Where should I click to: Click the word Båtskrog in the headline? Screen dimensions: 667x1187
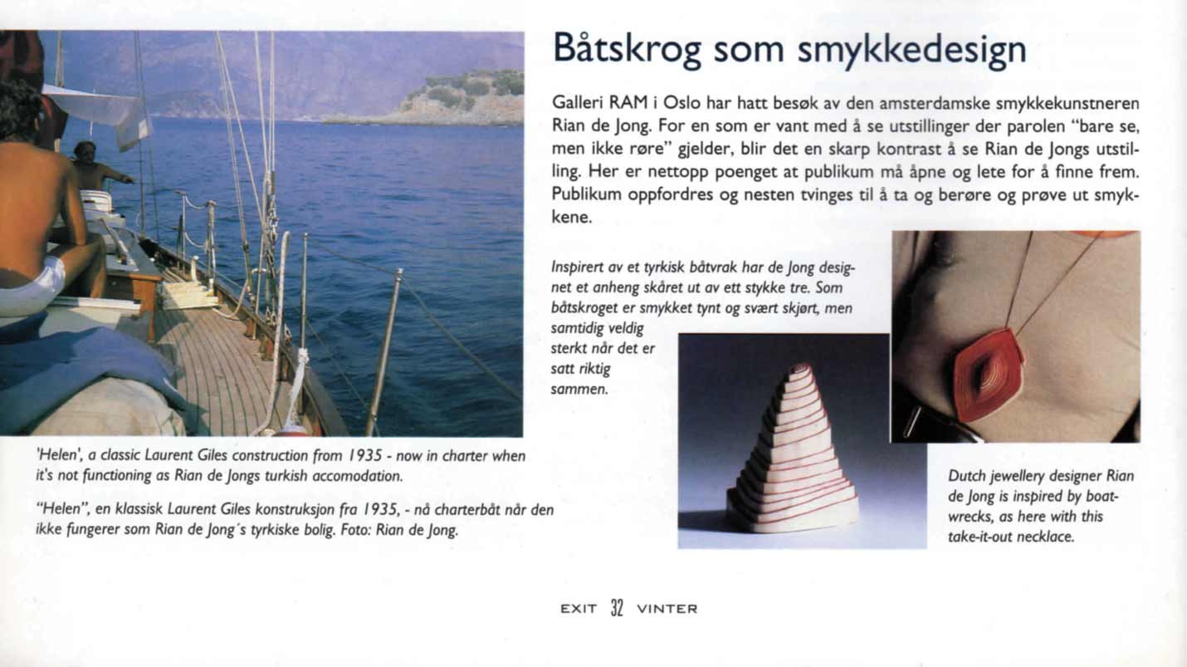[x=628, y=51]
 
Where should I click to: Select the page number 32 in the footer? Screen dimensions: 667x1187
[x=617, y=608]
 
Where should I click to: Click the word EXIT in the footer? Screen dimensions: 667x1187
[x=579, y=609]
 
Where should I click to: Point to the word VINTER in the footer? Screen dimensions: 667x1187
[x=667, y=609]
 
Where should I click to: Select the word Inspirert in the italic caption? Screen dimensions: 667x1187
[x=575, y=269]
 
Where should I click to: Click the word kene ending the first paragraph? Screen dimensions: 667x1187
[x=570, y=218]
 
